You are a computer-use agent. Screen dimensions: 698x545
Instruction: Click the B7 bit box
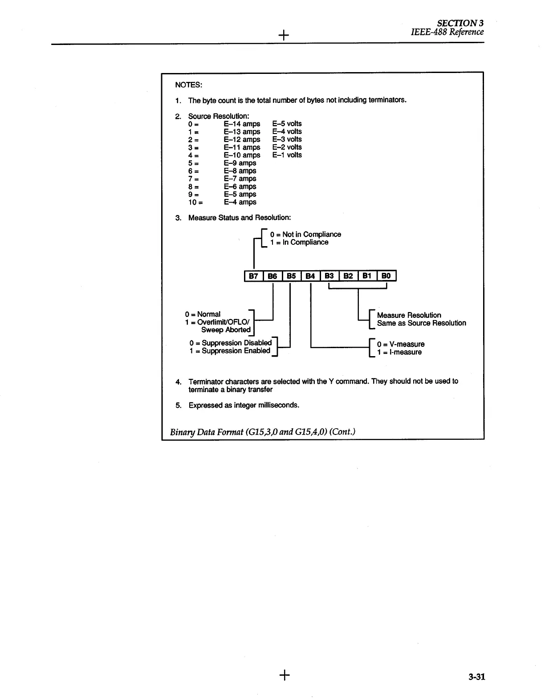click(x=253, y=276)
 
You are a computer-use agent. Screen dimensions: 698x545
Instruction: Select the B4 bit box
click(x=310, y=276)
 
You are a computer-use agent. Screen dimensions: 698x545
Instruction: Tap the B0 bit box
click(x=386, y=276)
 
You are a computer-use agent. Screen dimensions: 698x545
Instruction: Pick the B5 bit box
click(x=291, y=276)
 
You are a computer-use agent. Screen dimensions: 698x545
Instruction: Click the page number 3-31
click(x=476, y=677)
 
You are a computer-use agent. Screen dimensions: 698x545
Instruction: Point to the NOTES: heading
click(x=188, y=85)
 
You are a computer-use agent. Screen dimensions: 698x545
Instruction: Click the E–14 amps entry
click(x=242, y=124)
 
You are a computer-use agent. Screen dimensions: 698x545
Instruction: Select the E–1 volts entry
click(x=287, y=155)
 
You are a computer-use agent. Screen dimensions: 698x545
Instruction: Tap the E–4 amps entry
click(x=240, y=202)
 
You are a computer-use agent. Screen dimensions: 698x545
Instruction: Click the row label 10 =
click(x=195, y=202)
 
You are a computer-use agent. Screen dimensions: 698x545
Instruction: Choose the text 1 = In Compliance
click(x=299, y=242)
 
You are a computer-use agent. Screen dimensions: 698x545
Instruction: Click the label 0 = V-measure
click(x=401, y=344)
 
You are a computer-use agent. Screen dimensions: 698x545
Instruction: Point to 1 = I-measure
click(x=399, y=352)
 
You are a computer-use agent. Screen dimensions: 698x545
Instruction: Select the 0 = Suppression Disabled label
click(x=230, y=343)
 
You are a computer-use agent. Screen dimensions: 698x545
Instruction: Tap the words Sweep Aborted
click(x=226, y=330)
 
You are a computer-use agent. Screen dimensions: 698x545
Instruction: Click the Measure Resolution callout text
click(x=409, y=315)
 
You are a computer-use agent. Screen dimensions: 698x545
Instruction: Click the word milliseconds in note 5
click(x=278, y=405)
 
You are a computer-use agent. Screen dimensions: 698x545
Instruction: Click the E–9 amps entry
click(x=240, y=163)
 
